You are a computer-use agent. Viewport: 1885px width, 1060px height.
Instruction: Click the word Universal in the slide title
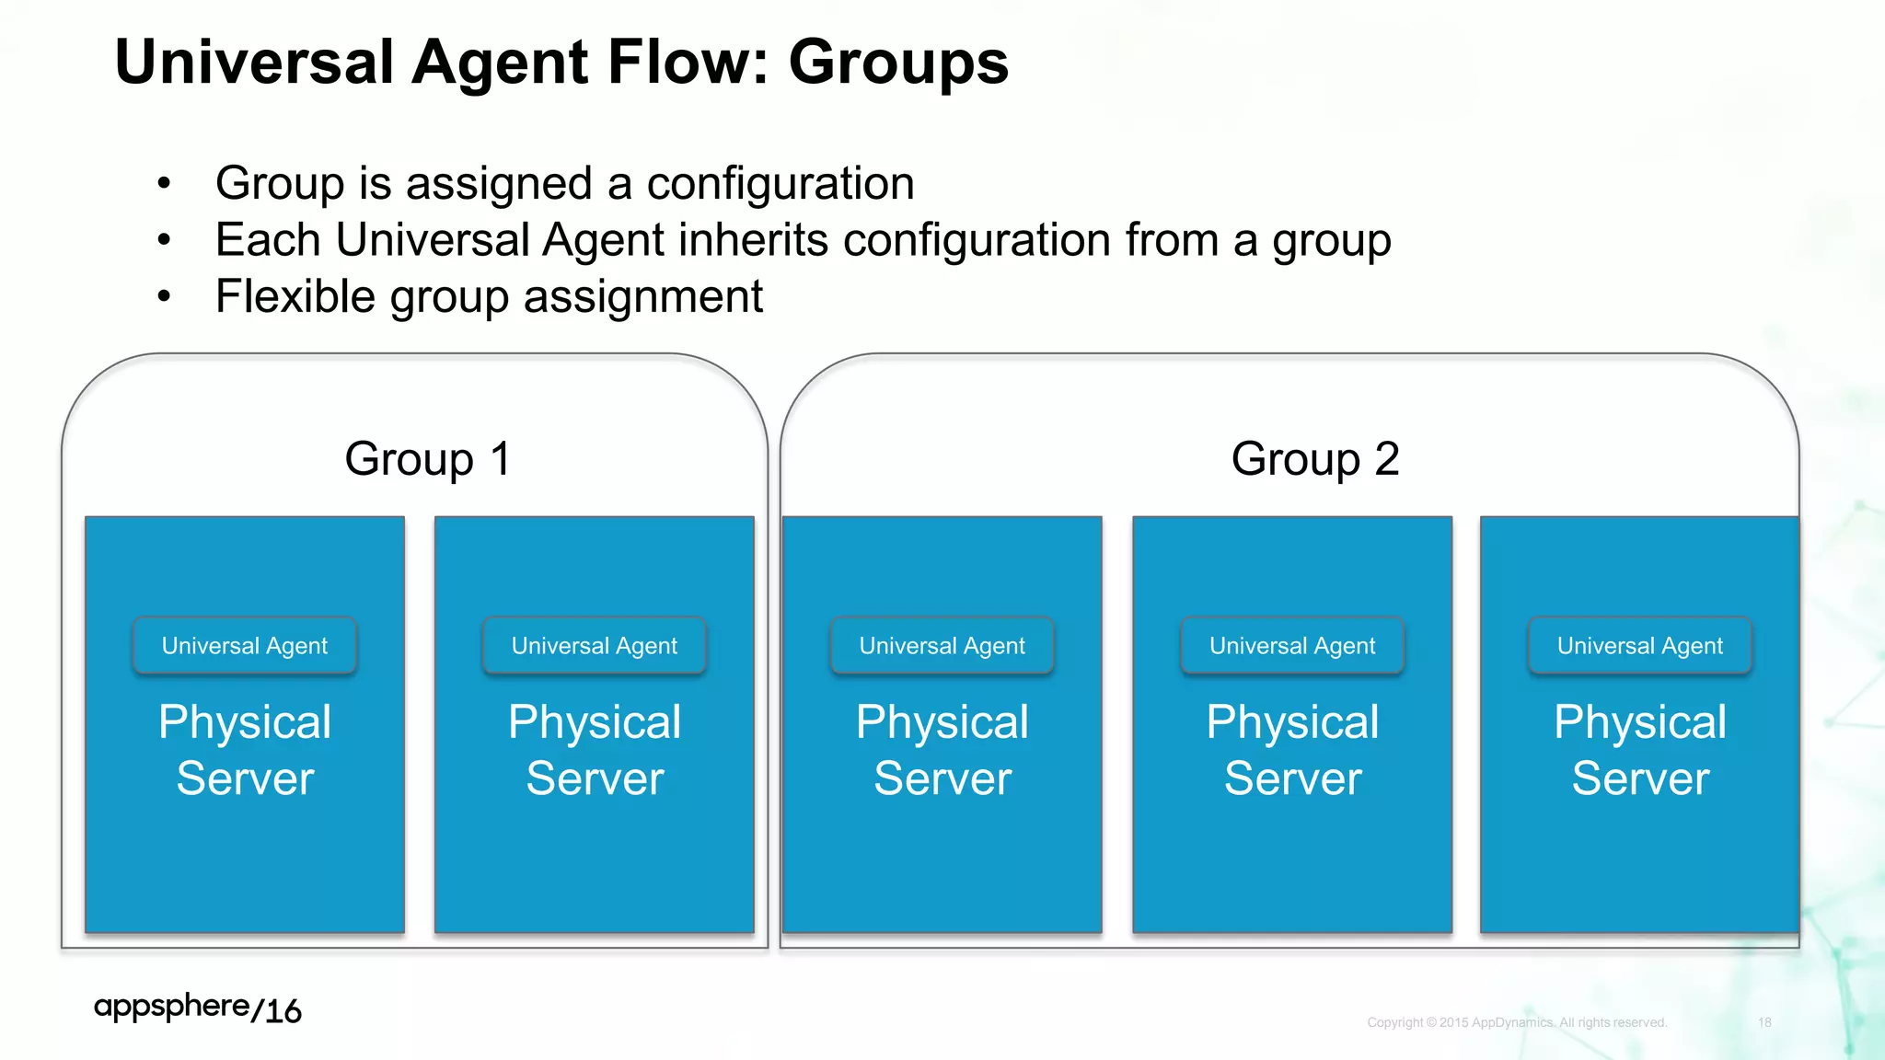click(x=254, y=63)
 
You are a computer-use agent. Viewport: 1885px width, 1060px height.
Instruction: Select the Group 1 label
click(x=427, y=458)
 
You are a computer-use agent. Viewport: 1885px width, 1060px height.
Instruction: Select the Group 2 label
click(x=1314, y=458)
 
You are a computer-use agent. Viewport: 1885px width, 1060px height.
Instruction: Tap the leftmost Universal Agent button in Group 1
click(x=245, y=646)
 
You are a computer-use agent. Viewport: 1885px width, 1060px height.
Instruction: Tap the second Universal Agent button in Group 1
click(x=594, y=646)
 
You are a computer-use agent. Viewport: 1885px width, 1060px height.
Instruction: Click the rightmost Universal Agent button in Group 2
click(x=1639, y=646)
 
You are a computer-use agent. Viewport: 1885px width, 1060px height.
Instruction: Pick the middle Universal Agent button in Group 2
click(x=1291, y=646)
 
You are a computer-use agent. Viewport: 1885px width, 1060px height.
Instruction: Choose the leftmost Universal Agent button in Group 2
click(x=942, y=646)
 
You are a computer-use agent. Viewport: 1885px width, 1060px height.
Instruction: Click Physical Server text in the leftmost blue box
click(x=245, y=750)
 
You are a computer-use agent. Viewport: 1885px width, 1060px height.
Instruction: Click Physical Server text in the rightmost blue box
click(x=1639, y=750)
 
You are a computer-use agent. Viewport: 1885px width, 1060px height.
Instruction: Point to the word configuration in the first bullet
click(x=781, y=183)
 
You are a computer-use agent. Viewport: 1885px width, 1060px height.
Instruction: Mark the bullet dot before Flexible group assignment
click(x=164, y=296)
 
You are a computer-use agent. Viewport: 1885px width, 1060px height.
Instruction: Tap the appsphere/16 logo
click(x=197, y=1008)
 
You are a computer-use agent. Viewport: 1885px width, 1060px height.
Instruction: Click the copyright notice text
click(x=1516, y=1022)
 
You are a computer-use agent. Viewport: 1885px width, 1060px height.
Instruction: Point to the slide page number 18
click(x=1764, y=1022)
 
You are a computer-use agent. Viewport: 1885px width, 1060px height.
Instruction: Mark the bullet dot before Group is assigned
click(x=164, y=183)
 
